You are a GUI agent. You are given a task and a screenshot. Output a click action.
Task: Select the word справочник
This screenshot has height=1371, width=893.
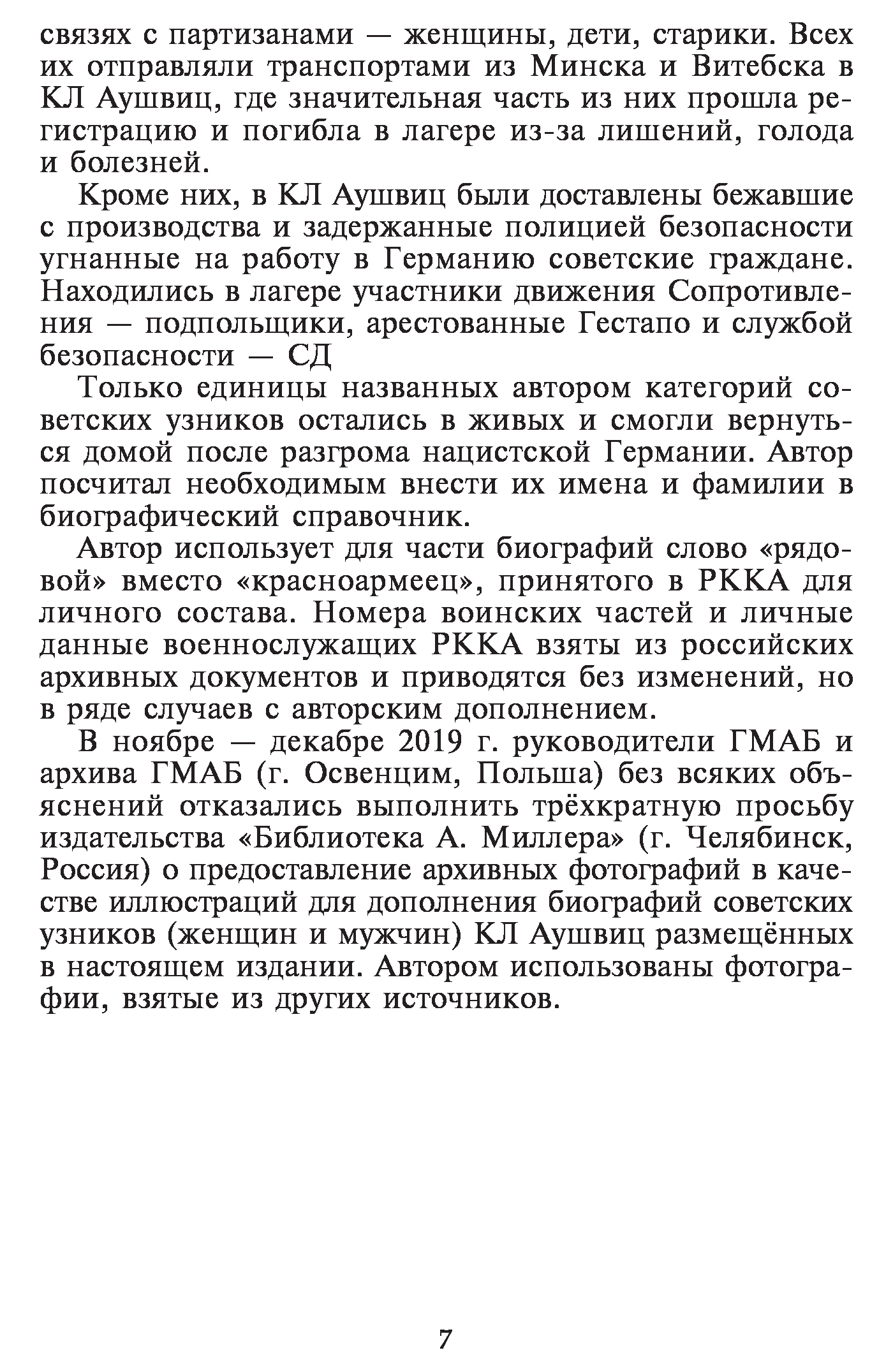click(381, 517)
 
